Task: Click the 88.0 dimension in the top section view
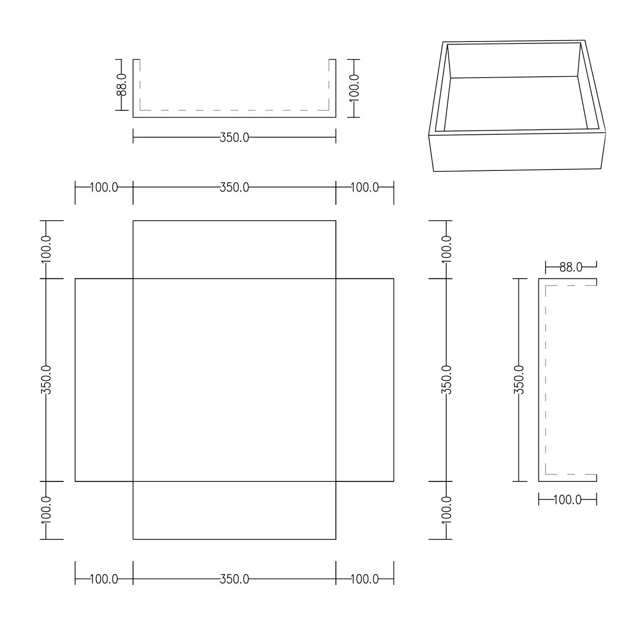pyautogui.click(x=122, y=84)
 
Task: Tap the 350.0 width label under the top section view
pyautogui.click(x=234, y=138)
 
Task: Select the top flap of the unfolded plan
pyautogui.click(x=234, y=250)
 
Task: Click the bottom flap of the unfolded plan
pyautogui.click(x=234, y=510)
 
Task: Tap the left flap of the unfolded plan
pyautogui.click(x=104, y=380)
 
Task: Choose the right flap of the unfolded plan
pyautogui.click(x=365, y=380)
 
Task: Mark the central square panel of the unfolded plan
pyautogui.click(x=234, y=380)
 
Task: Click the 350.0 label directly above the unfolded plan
pyautogui.click(x=234, y=187)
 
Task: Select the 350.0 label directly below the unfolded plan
pyautogui.click(x=234, y=580)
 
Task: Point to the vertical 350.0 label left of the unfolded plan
pyautogui.click(x=46, y=380)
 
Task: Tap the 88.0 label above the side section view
pyautogui.click(x=571, y=267)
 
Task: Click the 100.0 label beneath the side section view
pyautogui.click(x=567, y=500)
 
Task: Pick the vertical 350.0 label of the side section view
pyautogui.click(x=519, y=380)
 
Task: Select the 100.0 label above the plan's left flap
pyautogui.click(x=104, y=187)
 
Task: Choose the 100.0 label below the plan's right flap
pyautogui.click(x=365, y=580)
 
